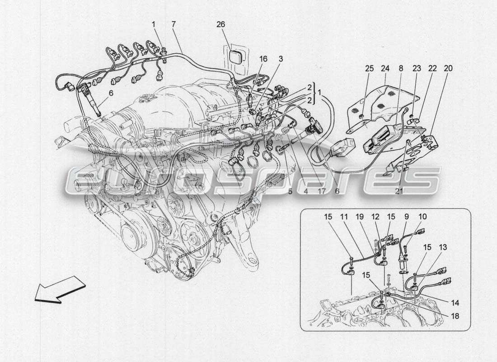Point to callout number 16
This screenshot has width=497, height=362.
pos(263,59)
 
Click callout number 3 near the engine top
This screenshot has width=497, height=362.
pos(281,59)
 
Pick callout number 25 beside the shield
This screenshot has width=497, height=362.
pos(370,68)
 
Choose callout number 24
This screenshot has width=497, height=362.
pos(385,68)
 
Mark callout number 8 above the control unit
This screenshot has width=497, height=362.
pos(400,68)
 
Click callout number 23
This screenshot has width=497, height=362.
pos(417,68)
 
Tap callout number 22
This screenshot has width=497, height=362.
pos(432,68)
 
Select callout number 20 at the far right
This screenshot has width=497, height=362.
pos(448,68)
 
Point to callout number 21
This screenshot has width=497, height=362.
pos(399,191)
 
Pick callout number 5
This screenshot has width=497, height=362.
pos(291,191)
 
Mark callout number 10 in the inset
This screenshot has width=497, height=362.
pos(422,217)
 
